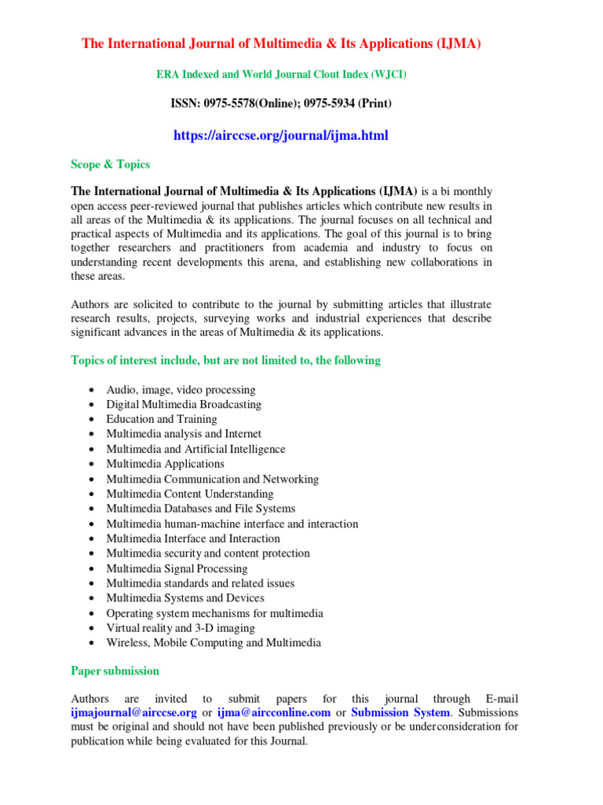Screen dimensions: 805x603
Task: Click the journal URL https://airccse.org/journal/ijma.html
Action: click(280, 136)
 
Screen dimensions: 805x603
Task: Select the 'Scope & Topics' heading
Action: click(110, 164)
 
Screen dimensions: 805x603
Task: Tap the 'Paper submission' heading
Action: click(115, 671)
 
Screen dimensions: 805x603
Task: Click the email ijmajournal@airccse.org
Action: click(133, 712)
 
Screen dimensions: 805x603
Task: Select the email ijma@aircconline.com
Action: click(273, 712)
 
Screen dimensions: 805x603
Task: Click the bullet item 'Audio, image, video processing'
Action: click(181, 390)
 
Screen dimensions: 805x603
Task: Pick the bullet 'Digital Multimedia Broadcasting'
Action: click(184, 405)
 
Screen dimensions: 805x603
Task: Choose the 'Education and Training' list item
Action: click(162, 419)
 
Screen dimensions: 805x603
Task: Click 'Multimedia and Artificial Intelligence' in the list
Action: click(196, 449)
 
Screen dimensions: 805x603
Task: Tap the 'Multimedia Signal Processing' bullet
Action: click(177, 568)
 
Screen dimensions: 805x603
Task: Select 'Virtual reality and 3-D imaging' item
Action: click(181, 628)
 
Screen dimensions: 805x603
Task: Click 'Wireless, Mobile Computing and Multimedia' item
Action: click(214, 642)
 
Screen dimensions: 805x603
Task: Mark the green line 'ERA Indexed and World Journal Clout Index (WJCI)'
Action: click(282, 75)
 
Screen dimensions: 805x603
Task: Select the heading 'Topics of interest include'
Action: click(225, 360)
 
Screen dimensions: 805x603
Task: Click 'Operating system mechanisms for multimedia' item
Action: click(214, 613)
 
